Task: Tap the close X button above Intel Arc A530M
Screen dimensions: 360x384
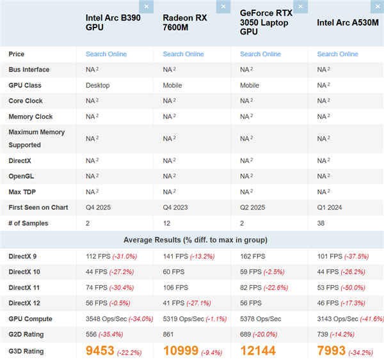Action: coord(377,7)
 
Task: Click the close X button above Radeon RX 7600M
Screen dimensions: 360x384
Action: coord(223,7)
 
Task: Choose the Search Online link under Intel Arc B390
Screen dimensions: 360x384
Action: coord(106,54)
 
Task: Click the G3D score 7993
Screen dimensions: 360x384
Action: coord(332,350)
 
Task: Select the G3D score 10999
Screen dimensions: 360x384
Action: coord(182,350)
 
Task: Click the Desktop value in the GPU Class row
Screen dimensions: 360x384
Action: coord(97,85)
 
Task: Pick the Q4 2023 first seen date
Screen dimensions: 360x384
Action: coord(176,208)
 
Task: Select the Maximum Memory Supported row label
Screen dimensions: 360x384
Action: coord(36,139)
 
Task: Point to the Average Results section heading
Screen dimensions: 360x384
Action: coord(192,240)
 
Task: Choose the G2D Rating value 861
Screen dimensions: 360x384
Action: coord(169,334)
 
